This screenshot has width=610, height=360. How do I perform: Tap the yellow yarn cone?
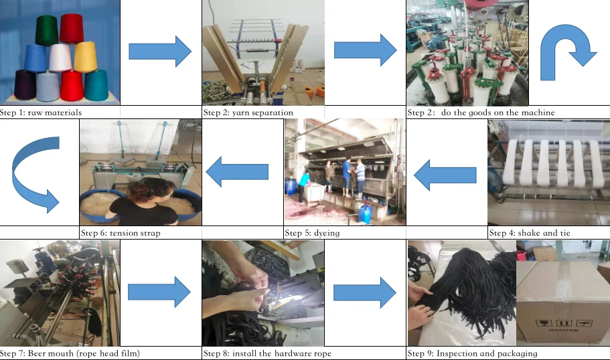pos(85,58)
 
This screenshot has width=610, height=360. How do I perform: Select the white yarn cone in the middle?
pos(60,59)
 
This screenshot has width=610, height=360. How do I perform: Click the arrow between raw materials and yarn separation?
pos(160,51)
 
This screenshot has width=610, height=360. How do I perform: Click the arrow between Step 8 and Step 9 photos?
pos(365,292)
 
